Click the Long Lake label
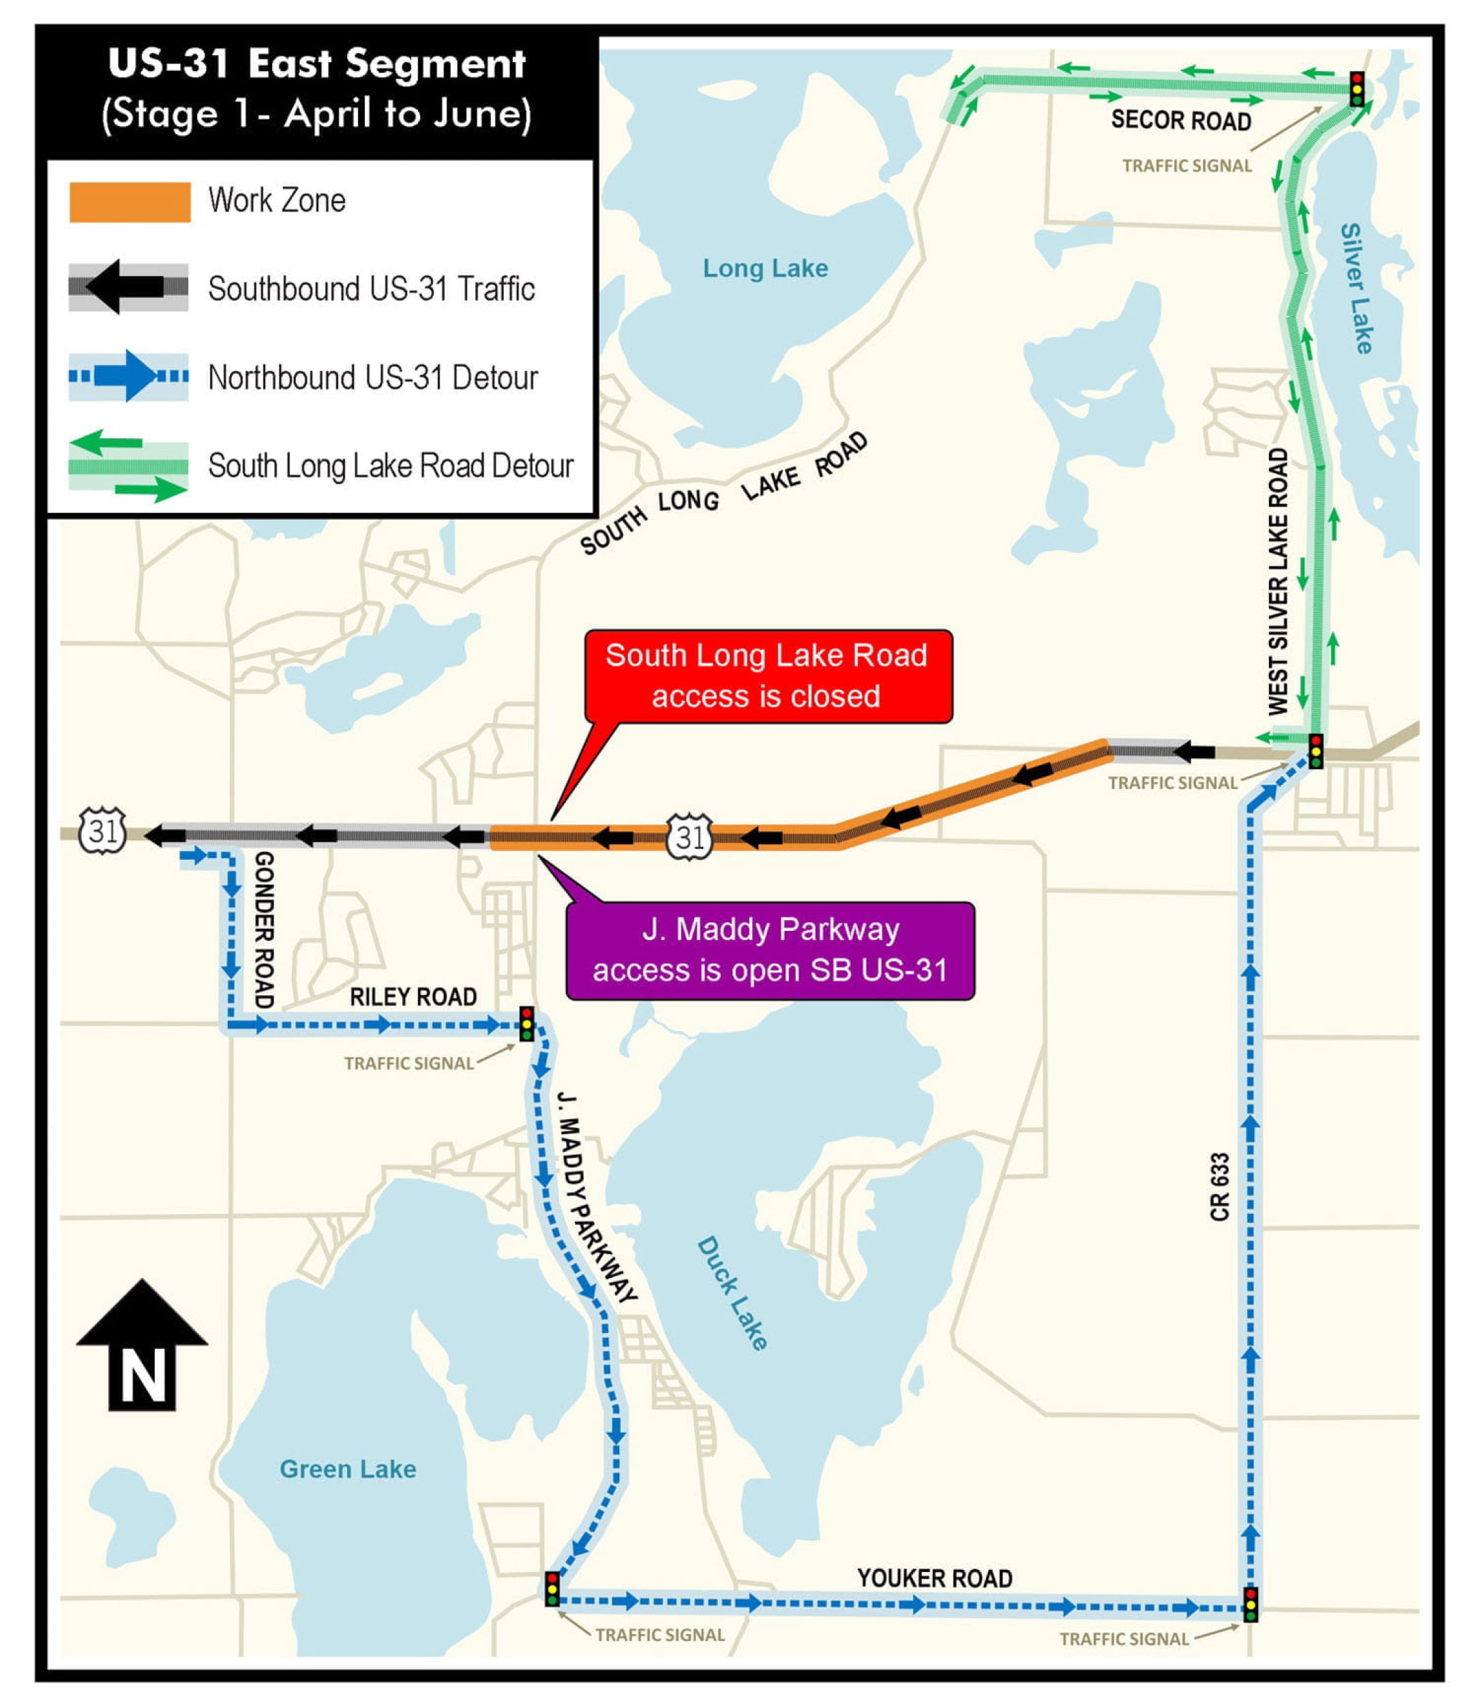point(765,268)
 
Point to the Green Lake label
point(348,1469)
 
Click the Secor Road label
point(1180,121)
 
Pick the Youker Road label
point(934,1578)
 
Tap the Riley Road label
point(413,996)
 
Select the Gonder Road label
point(263,930)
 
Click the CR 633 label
point(1220,1187)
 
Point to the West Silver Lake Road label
point(1278,582)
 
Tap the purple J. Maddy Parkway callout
point(770,950)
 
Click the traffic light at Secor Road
point(1357,89)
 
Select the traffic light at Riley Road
point(526,1024)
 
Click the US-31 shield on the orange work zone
point(689,836)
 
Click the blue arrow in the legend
point(128,376)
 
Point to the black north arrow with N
point(142,1346)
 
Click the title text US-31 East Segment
point(317,64)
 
